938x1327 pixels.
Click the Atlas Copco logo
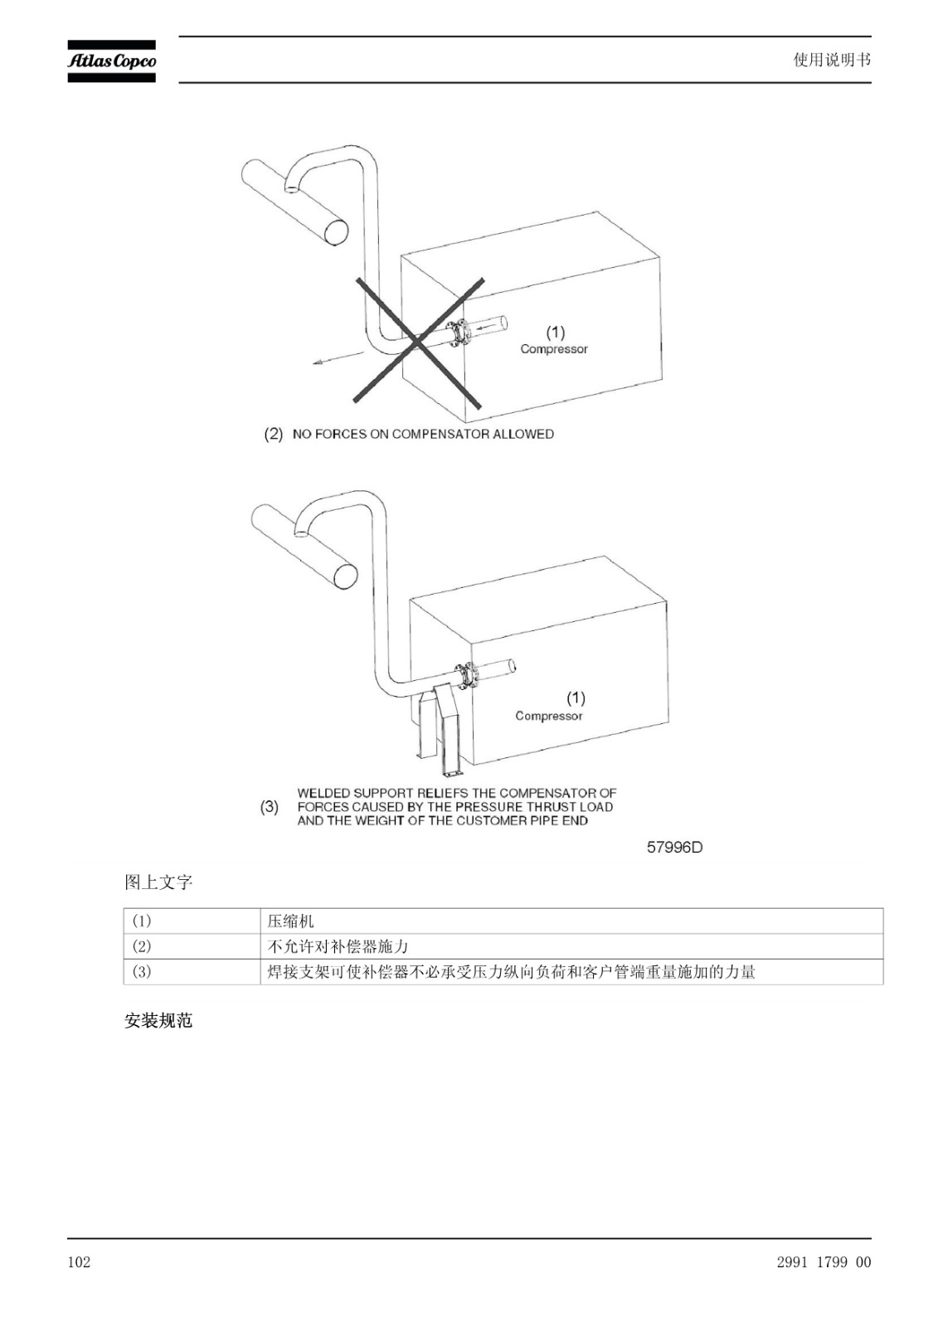pos(111,61)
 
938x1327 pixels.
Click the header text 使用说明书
pos(832,60)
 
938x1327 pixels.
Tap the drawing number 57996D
pos(674,847)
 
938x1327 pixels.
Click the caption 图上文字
pos(158,882)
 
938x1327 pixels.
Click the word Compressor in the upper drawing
pos(554,349)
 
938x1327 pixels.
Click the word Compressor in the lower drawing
pos(549,716)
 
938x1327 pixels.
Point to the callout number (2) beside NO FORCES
pos(273,435)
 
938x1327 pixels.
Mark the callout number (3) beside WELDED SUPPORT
pos(270,807)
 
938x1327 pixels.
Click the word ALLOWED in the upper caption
pos(524,435)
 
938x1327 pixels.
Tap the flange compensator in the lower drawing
pos(467,675)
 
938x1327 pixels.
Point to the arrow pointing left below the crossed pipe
pos(338,357)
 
